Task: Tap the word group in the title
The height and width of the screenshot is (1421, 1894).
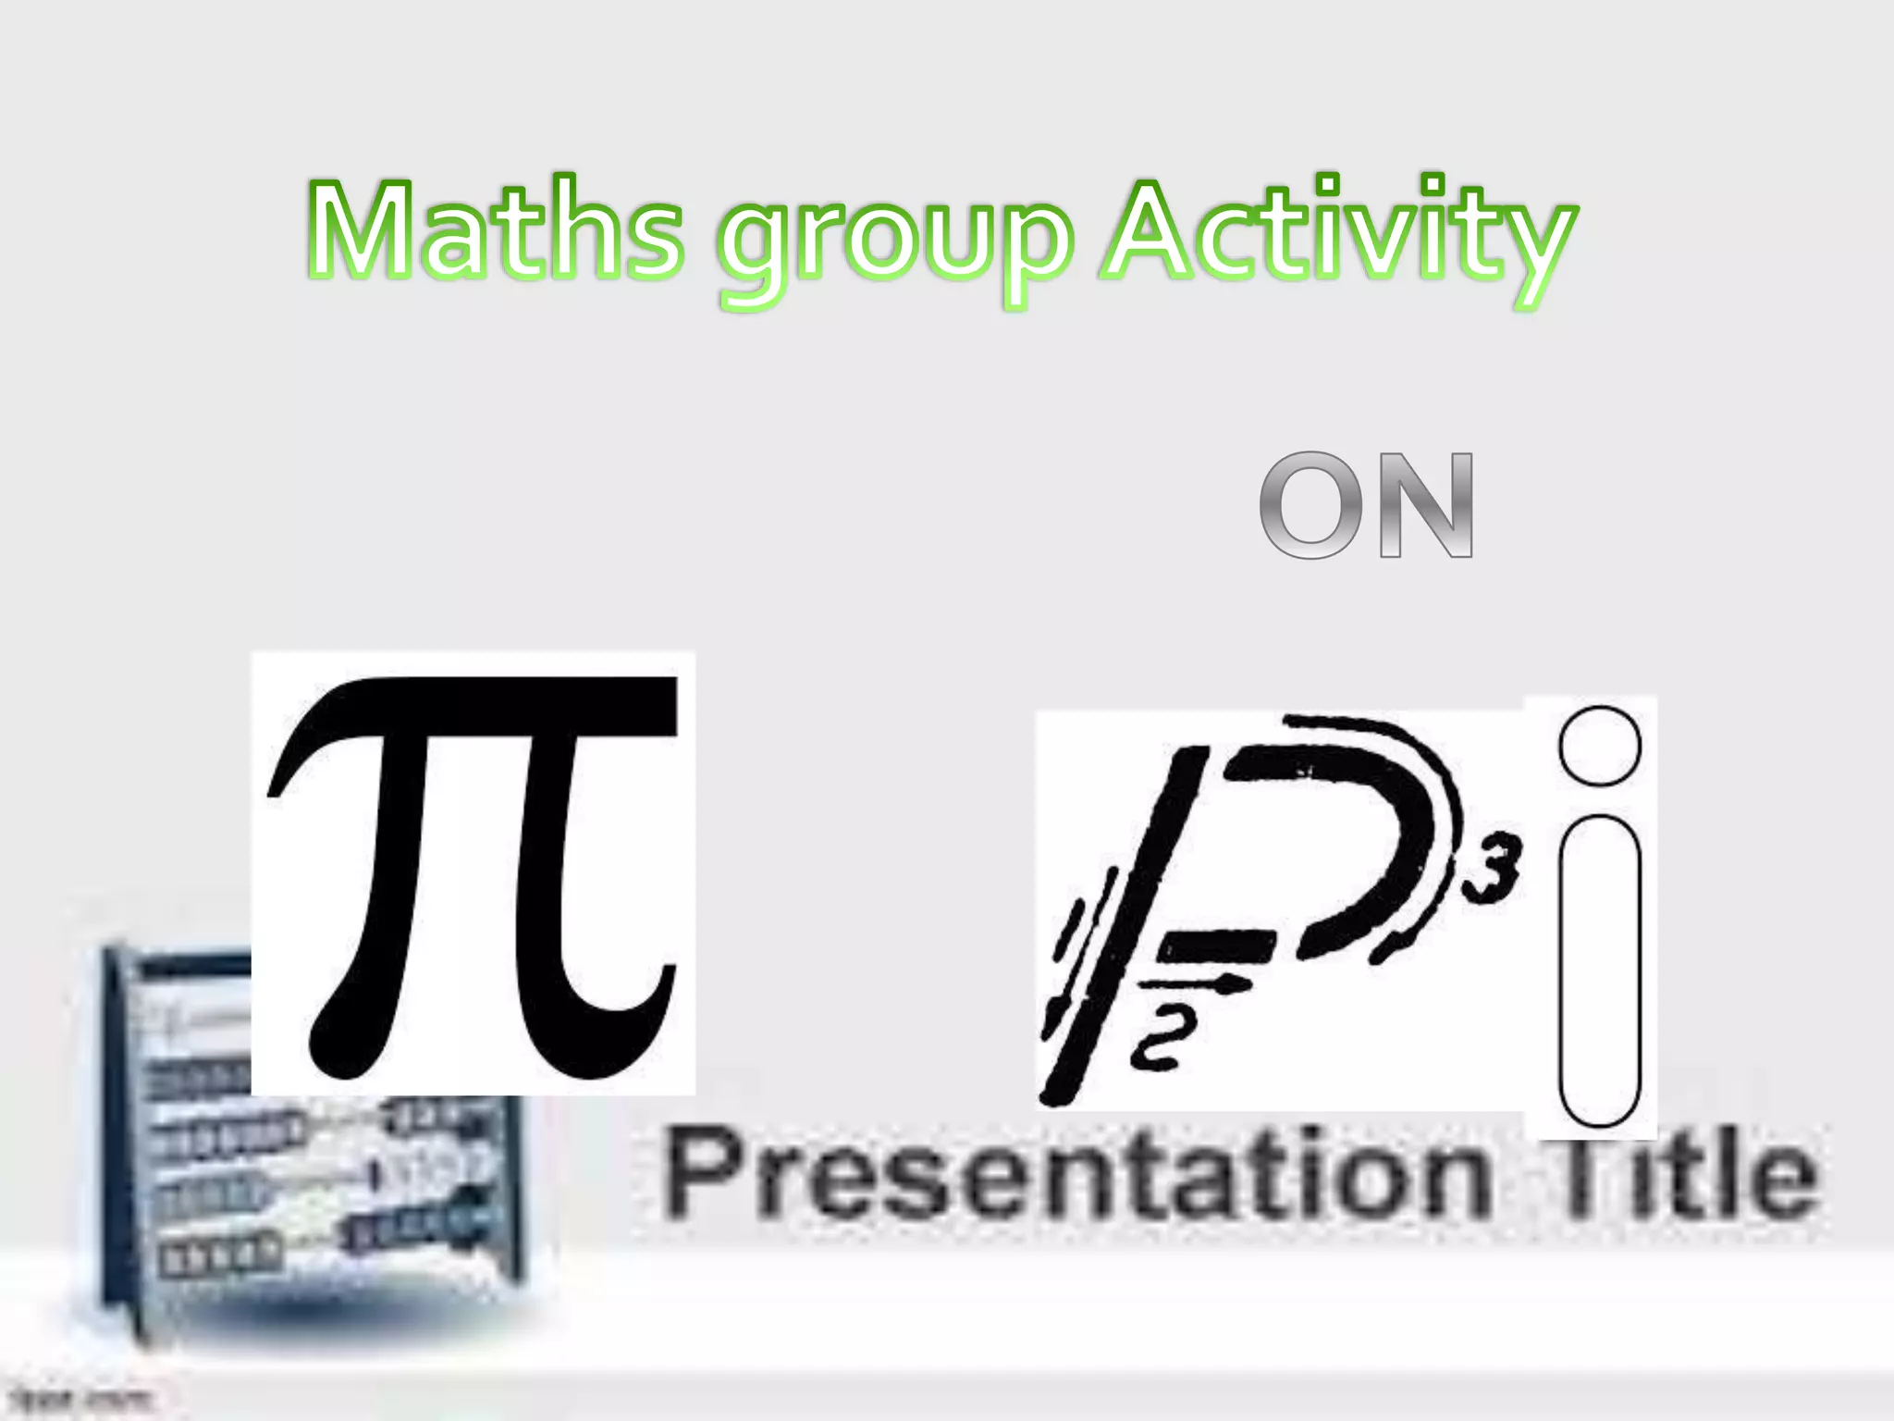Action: pos(895,242)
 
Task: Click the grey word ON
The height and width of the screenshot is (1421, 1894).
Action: pos(1366,506)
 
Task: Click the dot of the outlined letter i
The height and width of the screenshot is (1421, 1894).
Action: pos(1599,746)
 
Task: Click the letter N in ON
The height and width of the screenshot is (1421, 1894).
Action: pos(1424,506)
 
